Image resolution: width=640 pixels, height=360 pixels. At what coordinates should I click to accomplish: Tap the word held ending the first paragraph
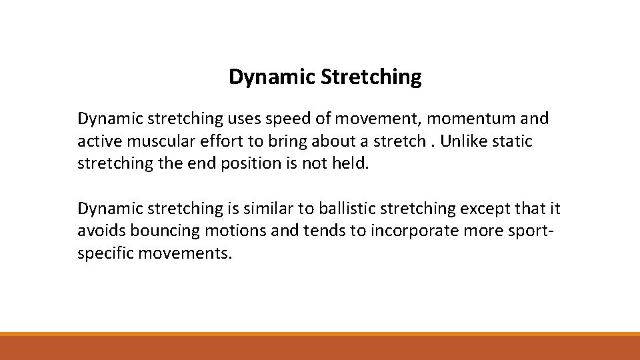click(x=350, y=163)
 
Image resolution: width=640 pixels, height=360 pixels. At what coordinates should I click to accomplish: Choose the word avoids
click(x=101, y=231)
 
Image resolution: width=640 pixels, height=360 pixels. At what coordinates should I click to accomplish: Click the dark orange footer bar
click(x=320, y=348)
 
